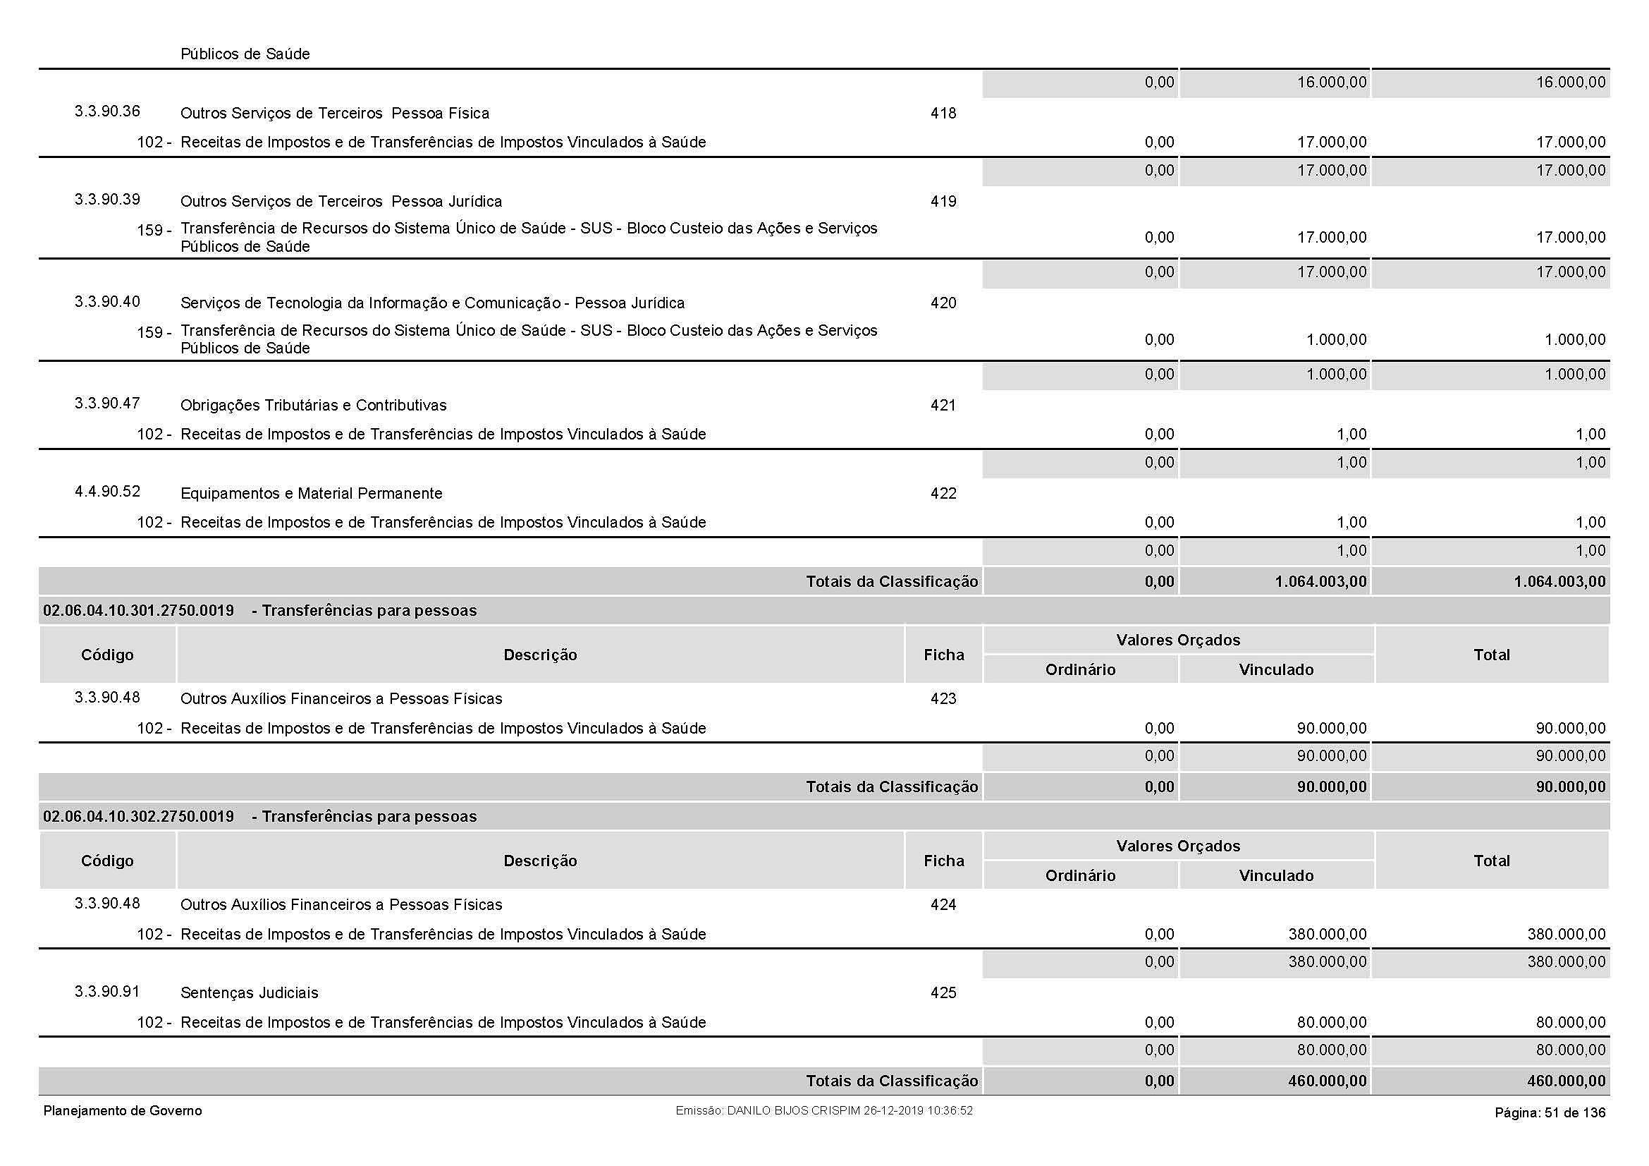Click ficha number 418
943,114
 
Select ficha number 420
943,303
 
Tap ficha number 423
943,699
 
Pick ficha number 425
943,993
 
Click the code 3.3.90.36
107,111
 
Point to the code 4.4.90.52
107,492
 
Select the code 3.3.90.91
107,992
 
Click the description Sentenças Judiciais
249,993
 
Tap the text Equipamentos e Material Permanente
311,494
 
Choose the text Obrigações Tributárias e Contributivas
313,405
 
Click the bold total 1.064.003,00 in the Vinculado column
1320,582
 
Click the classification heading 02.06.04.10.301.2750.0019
139,612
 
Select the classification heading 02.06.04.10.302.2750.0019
139,817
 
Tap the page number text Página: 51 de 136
1550,1113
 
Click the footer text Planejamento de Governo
123,1112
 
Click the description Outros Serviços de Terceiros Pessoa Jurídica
341,202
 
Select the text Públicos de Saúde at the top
245,54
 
